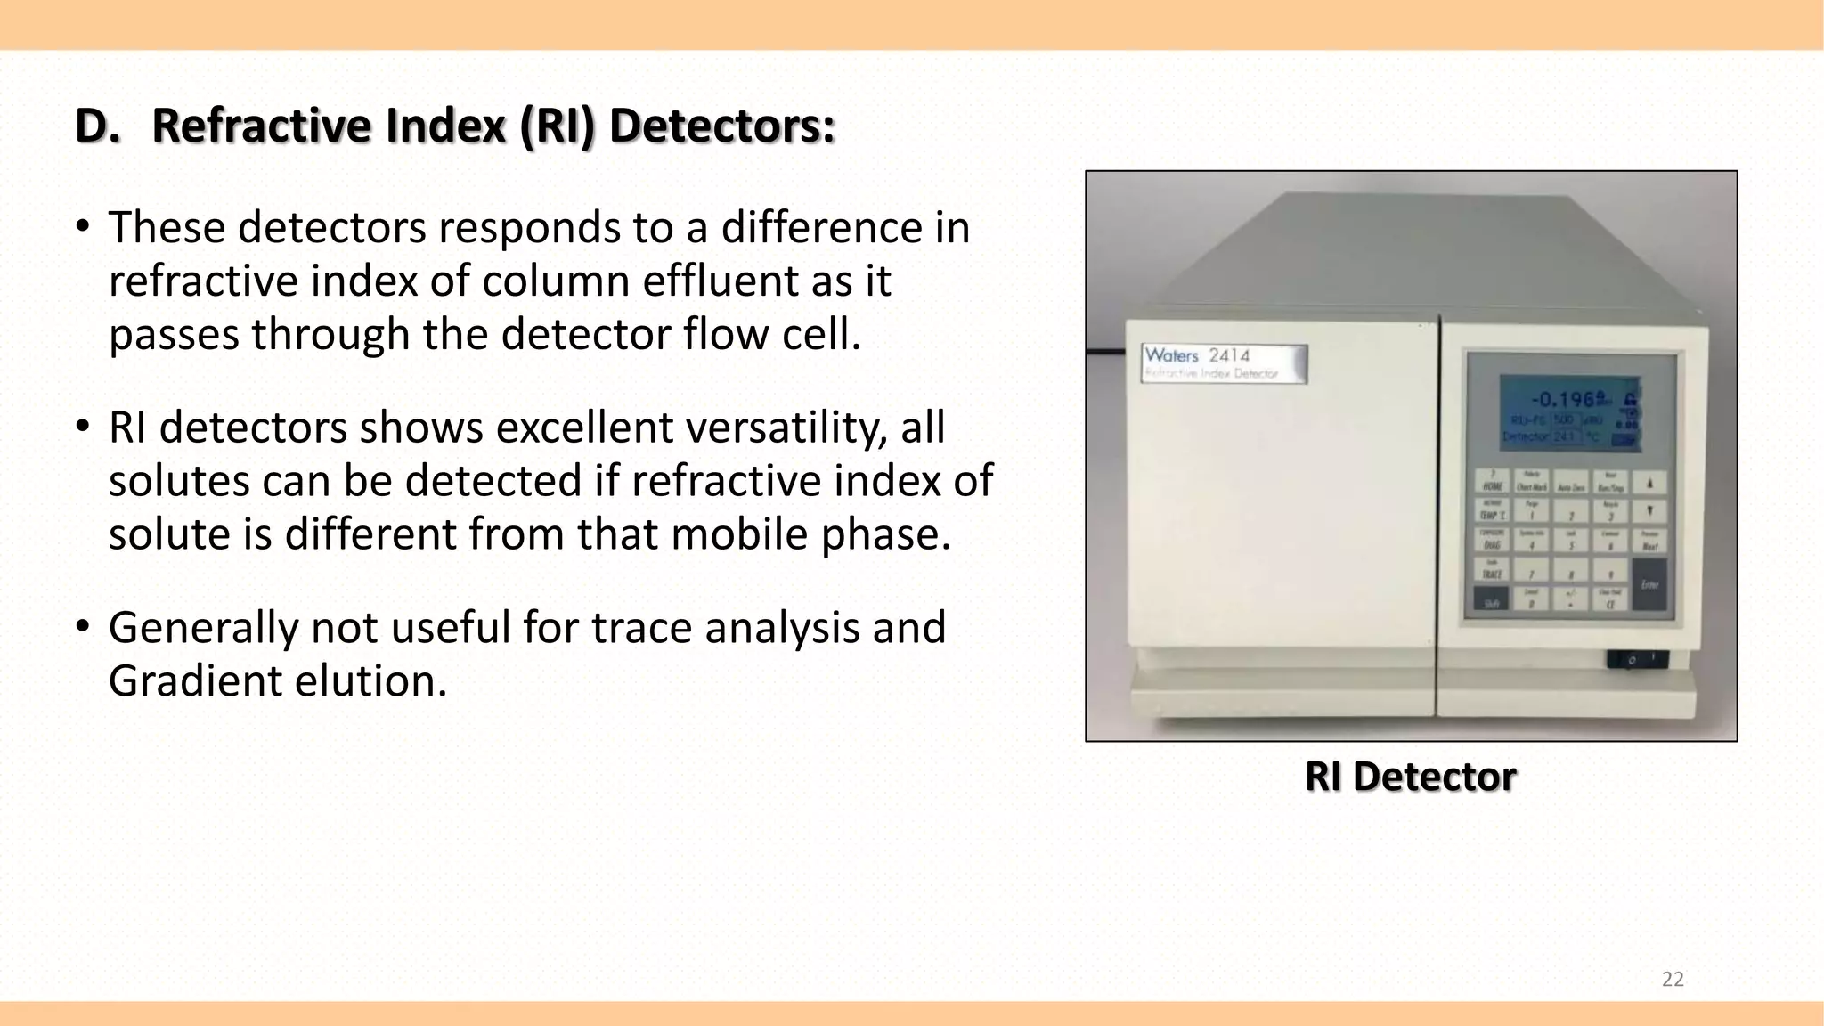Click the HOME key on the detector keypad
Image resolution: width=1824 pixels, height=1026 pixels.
1493,483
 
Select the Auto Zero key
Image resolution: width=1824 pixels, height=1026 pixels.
1571,484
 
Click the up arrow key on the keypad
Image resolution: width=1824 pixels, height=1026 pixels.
1649,483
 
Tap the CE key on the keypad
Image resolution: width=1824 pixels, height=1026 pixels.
1610,600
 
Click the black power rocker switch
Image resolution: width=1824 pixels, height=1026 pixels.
1637,660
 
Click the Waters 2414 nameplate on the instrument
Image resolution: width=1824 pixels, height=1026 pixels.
1224,363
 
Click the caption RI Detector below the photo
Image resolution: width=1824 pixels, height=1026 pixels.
1410,777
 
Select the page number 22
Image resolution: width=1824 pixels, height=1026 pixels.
1673,980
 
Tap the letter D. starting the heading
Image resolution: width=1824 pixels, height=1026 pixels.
97,126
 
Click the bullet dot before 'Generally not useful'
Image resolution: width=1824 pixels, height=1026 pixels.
83,626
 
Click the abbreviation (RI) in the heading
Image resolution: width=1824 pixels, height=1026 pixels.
557,126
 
